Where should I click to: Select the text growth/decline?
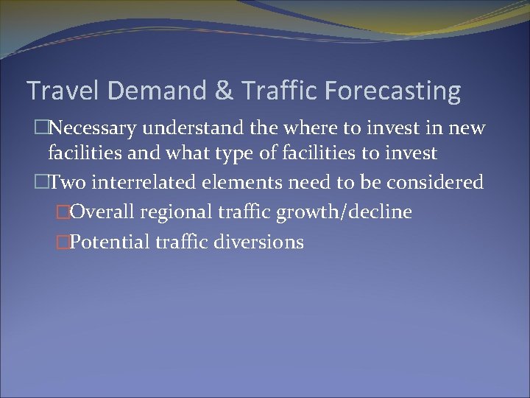tap(343, 213)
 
